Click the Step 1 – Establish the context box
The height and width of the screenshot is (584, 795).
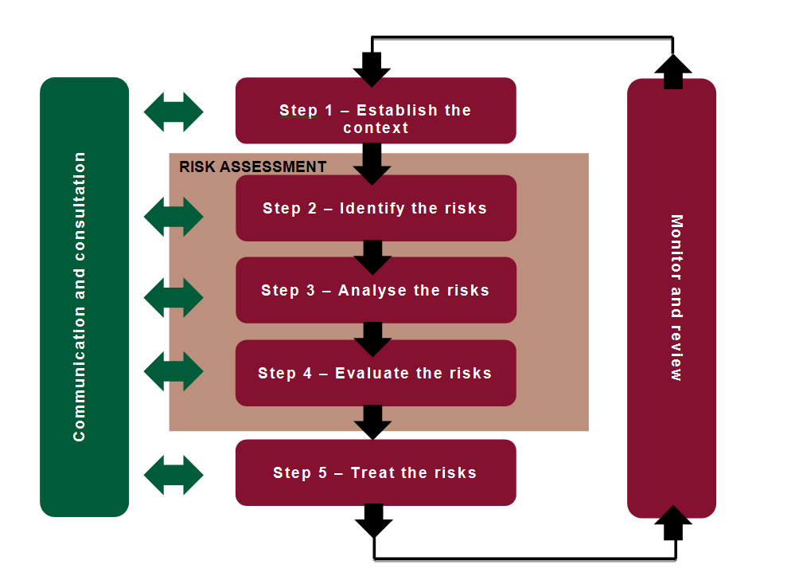[376, 111]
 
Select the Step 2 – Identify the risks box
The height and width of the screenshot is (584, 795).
[376, 208]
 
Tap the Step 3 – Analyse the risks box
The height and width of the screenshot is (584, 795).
[376, 290]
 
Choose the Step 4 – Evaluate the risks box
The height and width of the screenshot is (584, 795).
[376, 373]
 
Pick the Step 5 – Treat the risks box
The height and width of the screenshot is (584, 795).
[376, 472]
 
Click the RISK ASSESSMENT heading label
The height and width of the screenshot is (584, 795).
[252, 167]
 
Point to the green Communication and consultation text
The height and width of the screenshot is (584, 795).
[80, 297]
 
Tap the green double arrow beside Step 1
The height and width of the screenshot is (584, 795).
[173, 112]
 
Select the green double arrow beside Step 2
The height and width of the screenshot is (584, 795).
[173, 217]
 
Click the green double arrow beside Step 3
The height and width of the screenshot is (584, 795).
[173, 297]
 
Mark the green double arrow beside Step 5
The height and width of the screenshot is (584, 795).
[173, 475]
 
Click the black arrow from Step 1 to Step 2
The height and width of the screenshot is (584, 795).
[372, 162]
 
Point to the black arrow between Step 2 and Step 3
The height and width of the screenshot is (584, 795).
[372, 256]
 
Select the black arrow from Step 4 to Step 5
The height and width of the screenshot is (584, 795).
[372, 421]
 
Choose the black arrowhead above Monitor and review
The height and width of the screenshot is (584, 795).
[673, 72]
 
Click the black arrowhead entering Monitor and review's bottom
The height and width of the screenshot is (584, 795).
[673, 523]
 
